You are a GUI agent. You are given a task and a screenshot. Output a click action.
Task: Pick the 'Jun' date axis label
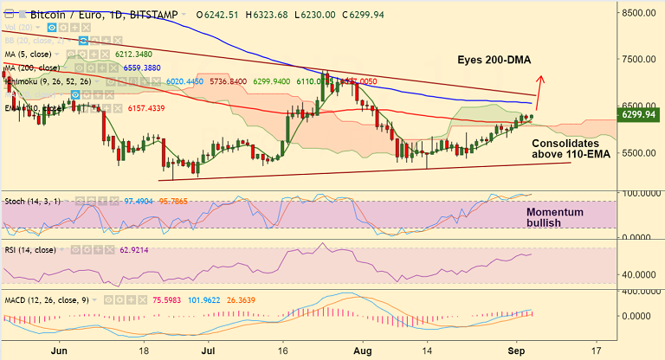pyautogui.click(x=60, y=352)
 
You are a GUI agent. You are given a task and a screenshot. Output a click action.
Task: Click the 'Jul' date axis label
pyautogui.click(x=209, y=352)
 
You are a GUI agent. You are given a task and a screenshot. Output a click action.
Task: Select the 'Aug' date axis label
pyautogui.click(x=361, y=352)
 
